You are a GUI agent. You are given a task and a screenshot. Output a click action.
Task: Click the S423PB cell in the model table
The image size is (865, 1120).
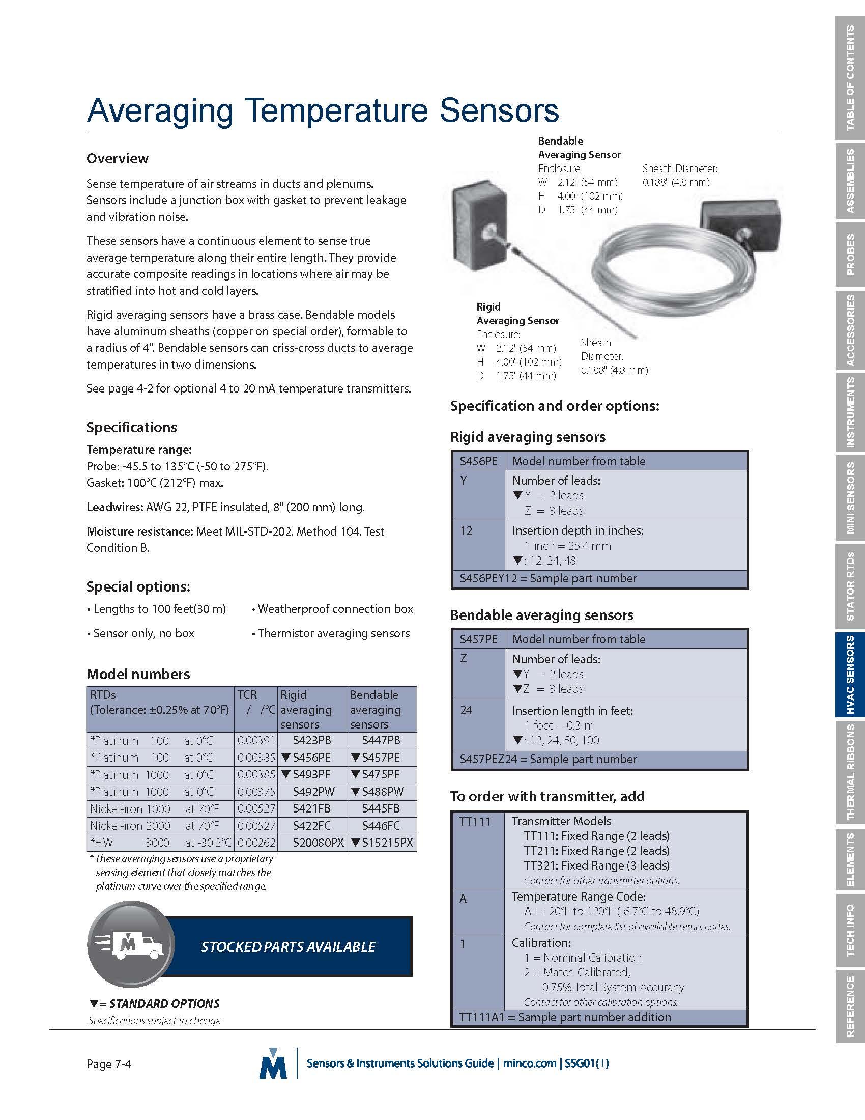tap(311, 741)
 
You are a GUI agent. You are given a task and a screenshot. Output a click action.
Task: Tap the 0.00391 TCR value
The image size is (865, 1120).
tap(256, 741)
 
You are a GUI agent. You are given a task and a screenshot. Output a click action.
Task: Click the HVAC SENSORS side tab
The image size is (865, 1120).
tap(850, 675)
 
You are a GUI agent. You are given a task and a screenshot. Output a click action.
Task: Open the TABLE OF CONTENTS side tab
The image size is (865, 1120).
tap(850, 78)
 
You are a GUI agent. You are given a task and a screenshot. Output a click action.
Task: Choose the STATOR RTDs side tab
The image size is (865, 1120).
tap(850, 586)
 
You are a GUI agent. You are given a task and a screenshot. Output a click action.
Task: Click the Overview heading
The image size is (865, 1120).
tap(118, 158)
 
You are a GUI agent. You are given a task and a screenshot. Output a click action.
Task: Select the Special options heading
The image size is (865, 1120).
tap(138, 586)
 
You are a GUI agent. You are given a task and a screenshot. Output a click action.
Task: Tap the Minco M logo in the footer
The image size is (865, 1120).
tap(273, 1064)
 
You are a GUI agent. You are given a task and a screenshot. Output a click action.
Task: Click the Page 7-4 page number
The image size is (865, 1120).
tap(109, 1064)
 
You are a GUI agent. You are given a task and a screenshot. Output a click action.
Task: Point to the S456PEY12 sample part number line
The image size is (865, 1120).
tap(549, 578)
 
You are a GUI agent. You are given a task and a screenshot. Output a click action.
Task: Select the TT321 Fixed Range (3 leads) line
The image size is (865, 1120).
tap(596, 865)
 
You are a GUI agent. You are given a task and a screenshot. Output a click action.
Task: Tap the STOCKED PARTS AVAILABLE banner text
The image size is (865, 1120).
tap(288, 947)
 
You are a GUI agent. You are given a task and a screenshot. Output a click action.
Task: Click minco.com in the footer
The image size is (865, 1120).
tap(529, 1063)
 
